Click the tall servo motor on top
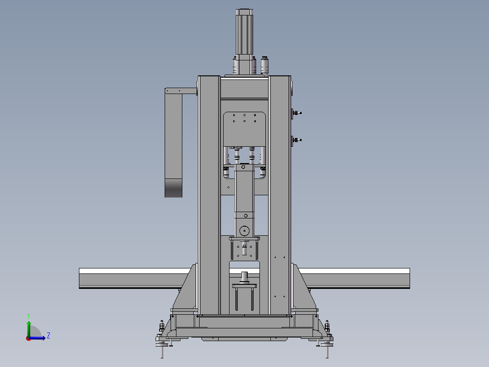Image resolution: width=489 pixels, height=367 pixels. click(244, 40)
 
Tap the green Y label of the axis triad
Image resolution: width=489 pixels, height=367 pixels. click(29, 316)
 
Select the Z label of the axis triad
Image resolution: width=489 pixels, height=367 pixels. click(49, 336)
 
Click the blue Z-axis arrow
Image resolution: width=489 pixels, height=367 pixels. click(37, 338)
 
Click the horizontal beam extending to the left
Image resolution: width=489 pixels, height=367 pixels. click(135, 278)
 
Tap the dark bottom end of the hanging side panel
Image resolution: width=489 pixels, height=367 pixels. click(173, 188)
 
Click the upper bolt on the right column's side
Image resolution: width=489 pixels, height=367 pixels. click(297, 113)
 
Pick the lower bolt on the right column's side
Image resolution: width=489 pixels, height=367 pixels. click(297, 140)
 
